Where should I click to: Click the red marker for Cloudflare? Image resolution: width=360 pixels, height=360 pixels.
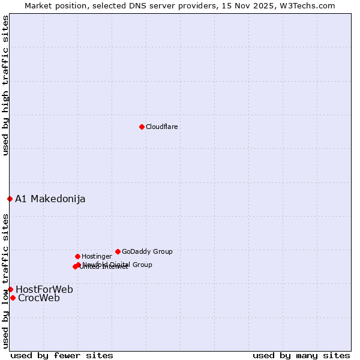tap(142, 127)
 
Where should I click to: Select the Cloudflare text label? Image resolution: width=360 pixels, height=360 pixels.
tap(162, 127)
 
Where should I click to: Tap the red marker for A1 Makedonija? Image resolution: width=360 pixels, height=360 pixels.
tap(10, 199)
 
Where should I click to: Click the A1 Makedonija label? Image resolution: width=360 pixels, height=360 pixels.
tap(50, 199)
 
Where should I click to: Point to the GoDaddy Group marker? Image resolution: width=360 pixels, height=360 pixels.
tap(118, 251)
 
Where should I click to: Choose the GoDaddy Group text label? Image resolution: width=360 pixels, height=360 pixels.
tap(147, 251)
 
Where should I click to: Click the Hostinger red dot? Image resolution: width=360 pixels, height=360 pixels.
tap(77, 256)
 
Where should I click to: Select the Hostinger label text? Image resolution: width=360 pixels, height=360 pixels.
tap(97, 256)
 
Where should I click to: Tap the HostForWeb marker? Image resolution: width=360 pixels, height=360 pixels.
tap(10, 289)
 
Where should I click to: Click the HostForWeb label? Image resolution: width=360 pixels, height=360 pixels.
tap(44, 290)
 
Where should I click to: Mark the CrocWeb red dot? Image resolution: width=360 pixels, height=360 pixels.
tap(13, 298)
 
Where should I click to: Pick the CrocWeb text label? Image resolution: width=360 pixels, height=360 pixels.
tap(39, 298)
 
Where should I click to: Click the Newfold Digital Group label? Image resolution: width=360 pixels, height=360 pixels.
tap(118, 265)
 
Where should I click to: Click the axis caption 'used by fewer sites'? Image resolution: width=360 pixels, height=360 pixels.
tap(62, 355)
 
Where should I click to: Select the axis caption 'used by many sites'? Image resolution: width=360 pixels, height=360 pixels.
tap(301, 355)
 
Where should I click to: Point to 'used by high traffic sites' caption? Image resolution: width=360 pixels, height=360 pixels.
tap(5, 85)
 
